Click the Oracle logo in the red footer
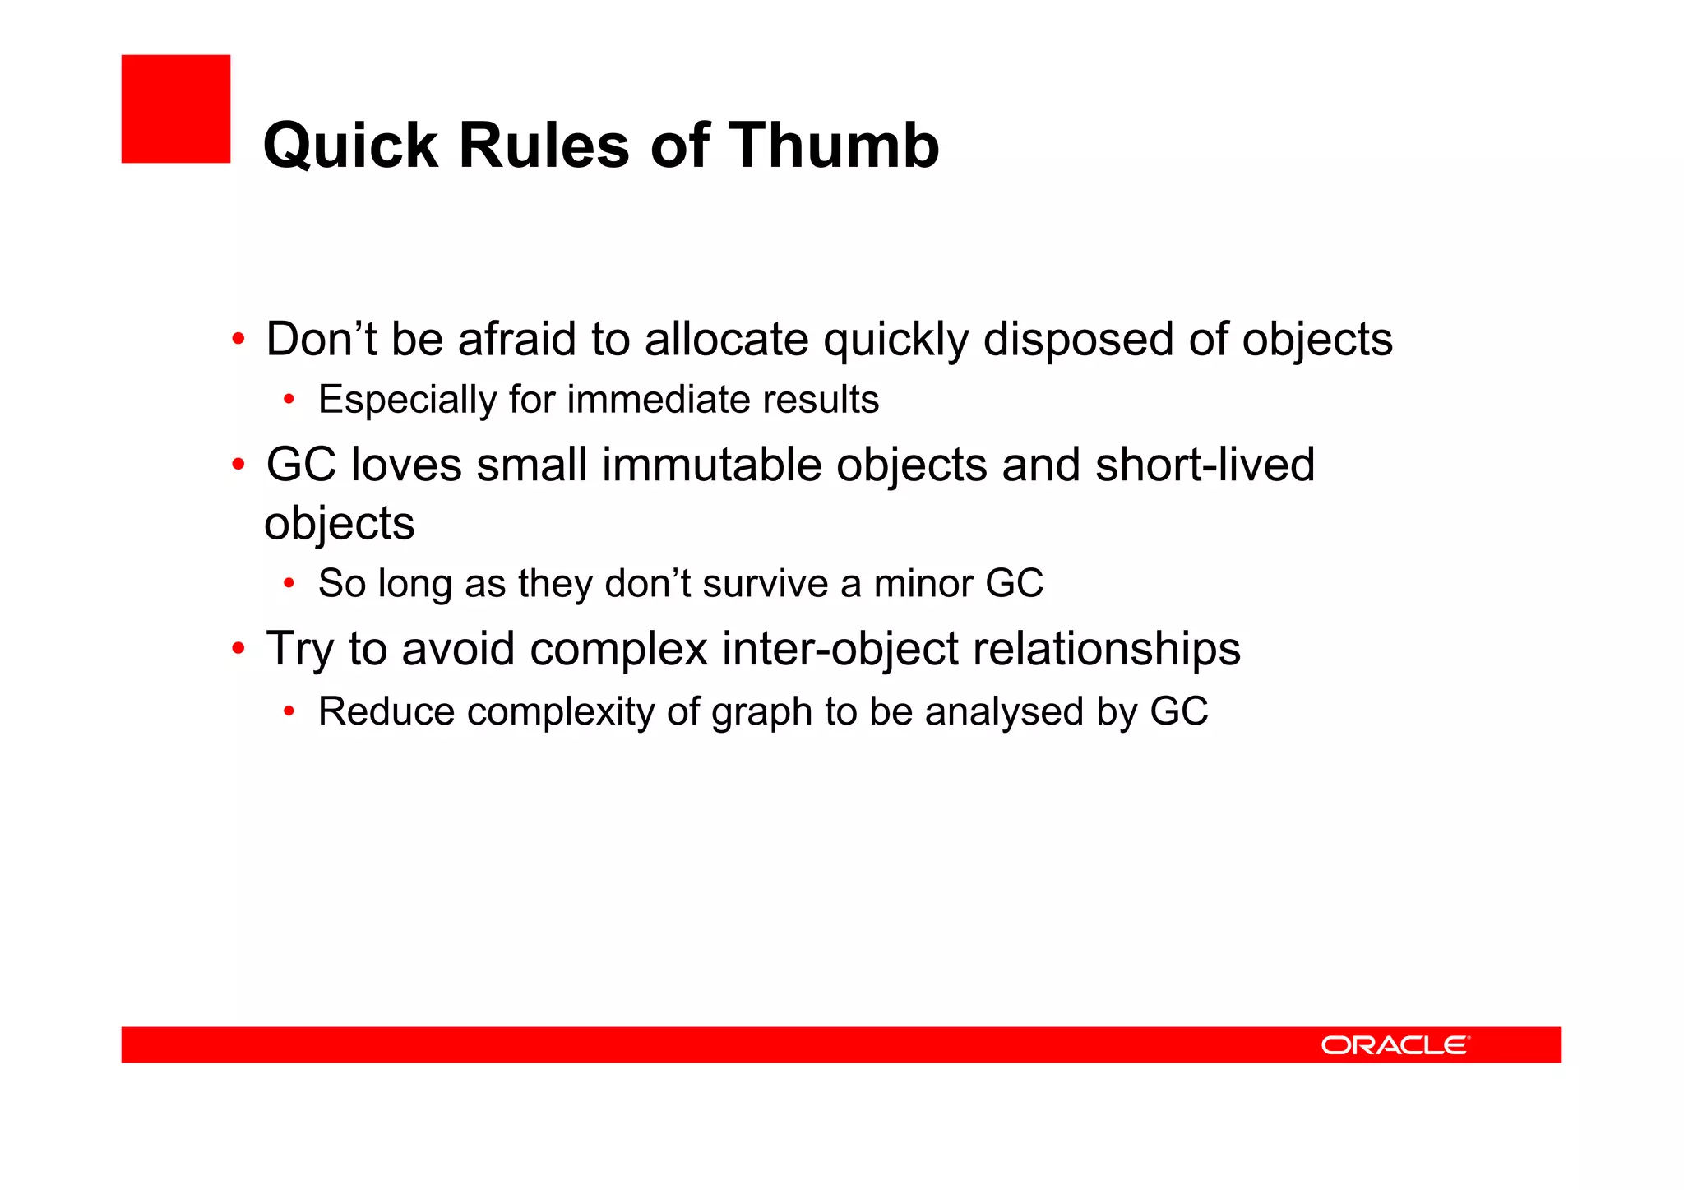click(x=1395, y=1045)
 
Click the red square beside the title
click(x=175, y=109)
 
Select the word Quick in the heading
click(x=351, y=146)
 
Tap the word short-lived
click(x=1205, y=465)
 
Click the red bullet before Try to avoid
click(x=238, y=649)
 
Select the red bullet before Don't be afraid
click(x=238, y=339)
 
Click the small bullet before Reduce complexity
click(x=289, y=712)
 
